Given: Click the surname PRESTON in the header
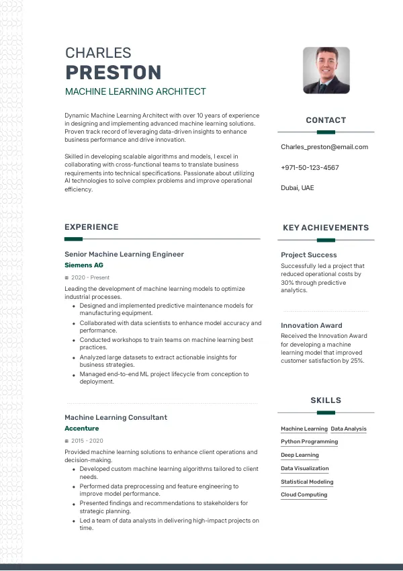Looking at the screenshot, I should [x=113, y=73].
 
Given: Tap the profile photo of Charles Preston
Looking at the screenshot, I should [x=326, y=70].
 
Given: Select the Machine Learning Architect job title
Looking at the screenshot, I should [x=135, y=91].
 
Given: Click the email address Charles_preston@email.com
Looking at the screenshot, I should [x=324, y=146].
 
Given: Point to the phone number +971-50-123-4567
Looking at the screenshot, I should [x=310, y=167].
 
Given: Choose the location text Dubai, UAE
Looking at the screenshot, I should [x=297, y=187].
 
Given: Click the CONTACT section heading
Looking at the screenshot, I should [x=326, y=120].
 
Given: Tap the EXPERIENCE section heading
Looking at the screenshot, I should [x=91, y=227].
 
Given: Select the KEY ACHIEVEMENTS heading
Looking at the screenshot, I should [x=326, y=228].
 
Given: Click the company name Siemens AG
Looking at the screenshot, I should [x=83, y=265].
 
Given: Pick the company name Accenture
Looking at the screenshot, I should [x=81, y=428].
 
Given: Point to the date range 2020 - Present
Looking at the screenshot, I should [x=90, y=277].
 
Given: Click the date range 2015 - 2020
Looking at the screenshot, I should [x=87, y=441].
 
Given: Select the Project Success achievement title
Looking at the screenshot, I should [x=308, y=255].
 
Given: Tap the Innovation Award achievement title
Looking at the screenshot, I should [x=311, y=325].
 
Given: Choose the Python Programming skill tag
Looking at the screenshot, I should [x=309, y=442].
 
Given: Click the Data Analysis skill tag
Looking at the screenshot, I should [x=349, y=429].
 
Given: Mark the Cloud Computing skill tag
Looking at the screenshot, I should [x=304, y=494].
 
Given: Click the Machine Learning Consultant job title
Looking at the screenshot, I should [x=116, y=417].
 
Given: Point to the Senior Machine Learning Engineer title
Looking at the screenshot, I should [x=124, y=254].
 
